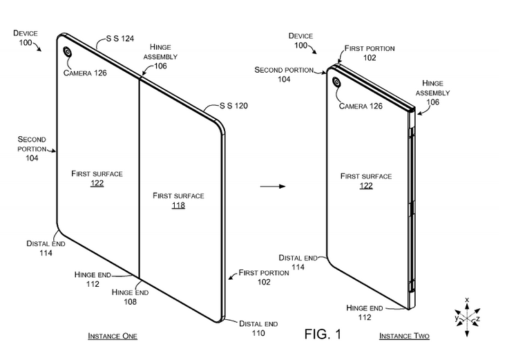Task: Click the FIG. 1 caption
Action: (323, 334)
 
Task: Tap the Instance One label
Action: (112, 336)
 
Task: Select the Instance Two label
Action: (404, 336)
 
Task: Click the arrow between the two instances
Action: (269, 186)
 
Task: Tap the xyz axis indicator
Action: (468, 317)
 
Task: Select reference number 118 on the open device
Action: (178, 205)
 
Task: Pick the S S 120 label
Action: (233, 106)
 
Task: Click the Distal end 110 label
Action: (259, 328)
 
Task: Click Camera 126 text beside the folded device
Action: (361, 106)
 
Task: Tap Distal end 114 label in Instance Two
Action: (298, 261)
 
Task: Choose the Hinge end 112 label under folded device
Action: (365, 312)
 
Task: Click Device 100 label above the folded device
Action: (301, 40)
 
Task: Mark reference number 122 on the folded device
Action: (365, 186)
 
